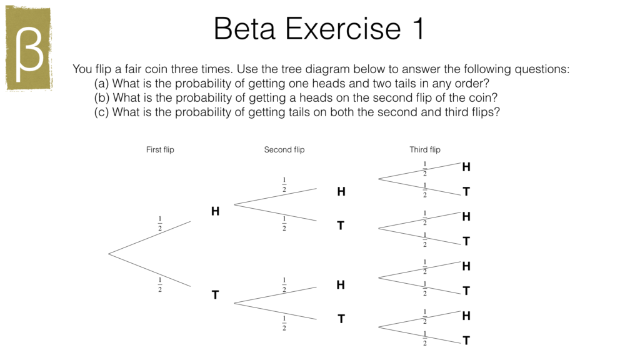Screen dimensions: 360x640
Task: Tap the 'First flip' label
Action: [x=160, y=149]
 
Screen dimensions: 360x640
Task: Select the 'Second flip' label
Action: [x=284, y=149]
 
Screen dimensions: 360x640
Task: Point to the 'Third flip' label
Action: [x=425, y=149]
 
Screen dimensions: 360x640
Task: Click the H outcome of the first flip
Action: [x=215, y=211]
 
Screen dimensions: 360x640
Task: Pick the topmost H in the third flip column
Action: [x=466, y=167]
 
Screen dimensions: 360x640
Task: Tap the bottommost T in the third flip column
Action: [x=466, y=341]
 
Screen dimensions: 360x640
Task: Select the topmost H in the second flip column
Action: [x=341, y=192]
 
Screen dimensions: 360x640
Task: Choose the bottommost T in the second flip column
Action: [x=341, y=319]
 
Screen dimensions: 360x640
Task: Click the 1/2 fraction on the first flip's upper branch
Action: [x=159, y=223]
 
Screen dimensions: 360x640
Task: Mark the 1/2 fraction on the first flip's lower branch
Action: [x=159, y=284]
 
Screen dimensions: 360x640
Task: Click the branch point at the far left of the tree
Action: [x=109, y=254]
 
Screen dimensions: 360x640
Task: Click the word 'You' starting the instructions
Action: [x=82, y=69]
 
